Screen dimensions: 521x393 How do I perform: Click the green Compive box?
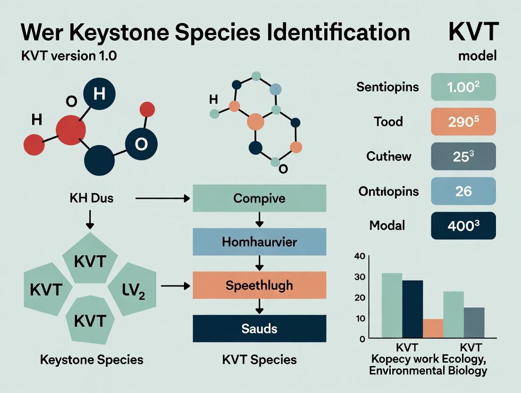(x=259, y=197)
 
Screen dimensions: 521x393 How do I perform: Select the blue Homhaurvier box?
(x=259, y=242)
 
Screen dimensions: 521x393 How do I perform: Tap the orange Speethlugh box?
(x=259, y=285)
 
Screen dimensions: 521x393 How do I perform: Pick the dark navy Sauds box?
(x=259, y=328)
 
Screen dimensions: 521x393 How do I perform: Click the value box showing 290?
(x=463, y=122)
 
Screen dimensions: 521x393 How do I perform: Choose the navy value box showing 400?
(x=463, y=225)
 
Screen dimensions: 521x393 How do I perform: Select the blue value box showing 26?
(x=463, y=191)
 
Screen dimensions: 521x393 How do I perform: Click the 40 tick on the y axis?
(x=360, y=256)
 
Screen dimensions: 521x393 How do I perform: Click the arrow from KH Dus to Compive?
(x=163, y=199)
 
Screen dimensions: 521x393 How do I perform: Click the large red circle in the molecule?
(x=71, y=130)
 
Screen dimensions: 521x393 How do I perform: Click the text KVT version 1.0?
(x=69, y=56)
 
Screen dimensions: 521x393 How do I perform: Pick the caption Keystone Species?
(x=92, y=359)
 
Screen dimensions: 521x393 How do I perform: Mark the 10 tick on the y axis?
(x=360, y=318)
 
